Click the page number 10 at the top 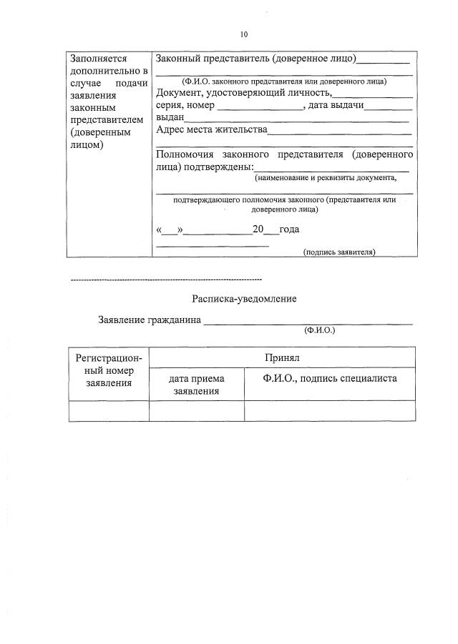243,34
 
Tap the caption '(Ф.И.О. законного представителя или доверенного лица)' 284,81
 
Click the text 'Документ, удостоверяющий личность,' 244,93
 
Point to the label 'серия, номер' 185,105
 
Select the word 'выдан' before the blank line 170,117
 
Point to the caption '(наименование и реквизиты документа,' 326,178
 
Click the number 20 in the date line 258,229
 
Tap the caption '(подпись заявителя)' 339,252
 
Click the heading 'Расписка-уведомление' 243,299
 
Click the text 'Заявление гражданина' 149,319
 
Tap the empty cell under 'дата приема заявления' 197,411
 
